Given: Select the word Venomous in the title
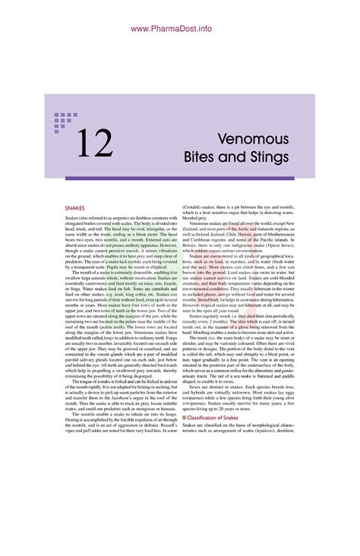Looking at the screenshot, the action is (252, 140).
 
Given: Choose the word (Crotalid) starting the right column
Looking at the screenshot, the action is (194, 206).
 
